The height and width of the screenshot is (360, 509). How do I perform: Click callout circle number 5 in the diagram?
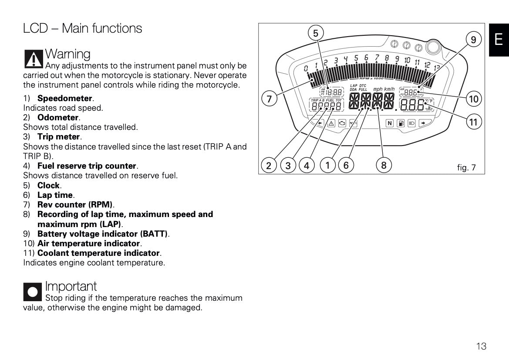316,33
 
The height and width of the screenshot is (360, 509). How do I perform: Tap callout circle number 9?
473,40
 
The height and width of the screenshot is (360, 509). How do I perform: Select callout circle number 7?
270,99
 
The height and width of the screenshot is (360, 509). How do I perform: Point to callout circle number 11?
473,122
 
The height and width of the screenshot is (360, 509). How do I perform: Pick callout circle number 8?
384,165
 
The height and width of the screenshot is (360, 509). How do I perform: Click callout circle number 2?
269,165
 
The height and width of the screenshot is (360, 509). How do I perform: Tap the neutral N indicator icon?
390,123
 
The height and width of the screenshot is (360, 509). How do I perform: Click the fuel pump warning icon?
401,123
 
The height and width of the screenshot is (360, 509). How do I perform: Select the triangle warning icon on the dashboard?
331,123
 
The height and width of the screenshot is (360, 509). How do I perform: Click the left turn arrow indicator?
320,123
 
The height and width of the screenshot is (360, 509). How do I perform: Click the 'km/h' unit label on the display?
389,89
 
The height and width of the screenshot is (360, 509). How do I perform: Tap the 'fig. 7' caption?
466,167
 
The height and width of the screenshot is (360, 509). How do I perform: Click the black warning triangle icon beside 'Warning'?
33,59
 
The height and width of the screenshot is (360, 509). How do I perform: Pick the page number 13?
481,346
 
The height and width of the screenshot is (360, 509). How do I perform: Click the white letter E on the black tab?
499,40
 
